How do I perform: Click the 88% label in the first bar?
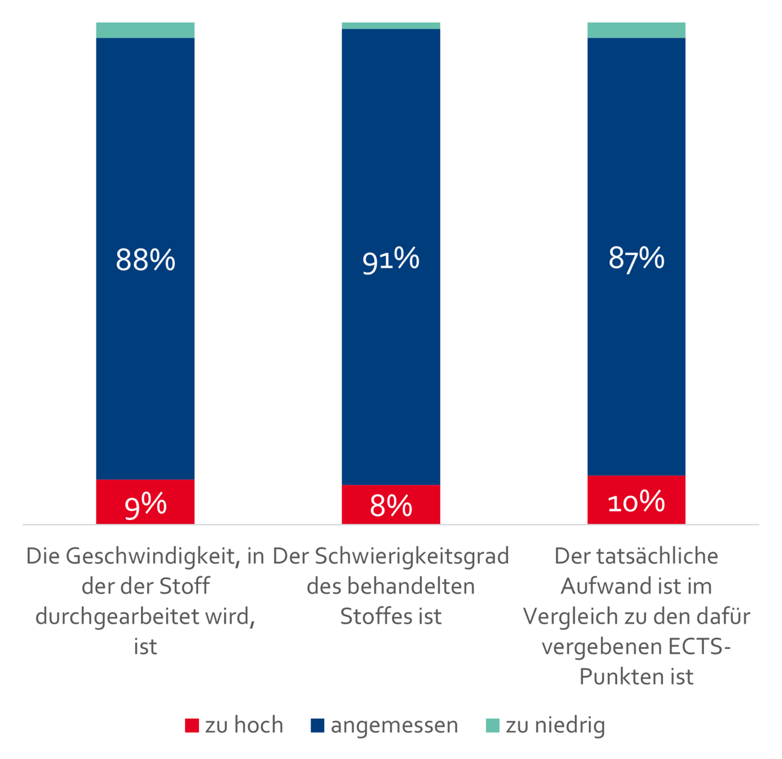point(145,260)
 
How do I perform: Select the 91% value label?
point(390,260)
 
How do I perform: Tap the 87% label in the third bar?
point(636,258)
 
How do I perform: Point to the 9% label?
point(145,504)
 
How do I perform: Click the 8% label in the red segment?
point(390,506)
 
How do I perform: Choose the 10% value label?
point(636,502)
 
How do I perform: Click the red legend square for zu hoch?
point(192,726)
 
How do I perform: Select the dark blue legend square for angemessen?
point(317,726)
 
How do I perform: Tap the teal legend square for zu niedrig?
point(492,726)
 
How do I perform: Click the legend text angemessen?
point(394,726)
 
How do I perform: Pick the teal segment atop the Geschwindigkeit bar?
point(145,30)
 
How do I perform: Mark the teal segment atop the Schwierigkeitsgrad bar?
point(390,26)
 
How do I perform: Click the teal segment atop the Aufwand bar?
point(636,30)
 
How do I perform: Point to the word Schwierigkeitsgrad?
point(412,557)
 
